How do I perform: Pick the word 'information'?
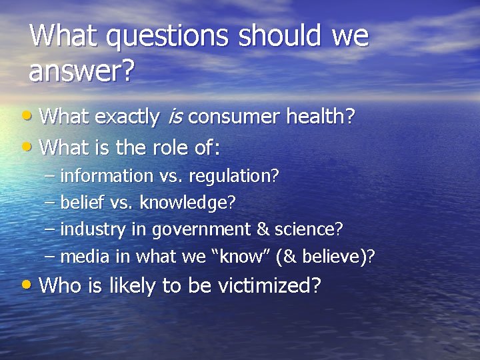(x=106, y=176)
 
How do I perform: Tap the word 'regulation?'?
(x=233, y=176)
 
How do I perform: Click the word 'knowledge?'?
(x=187, y=203)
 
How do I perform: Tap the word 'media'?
(x=79, y=256)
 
